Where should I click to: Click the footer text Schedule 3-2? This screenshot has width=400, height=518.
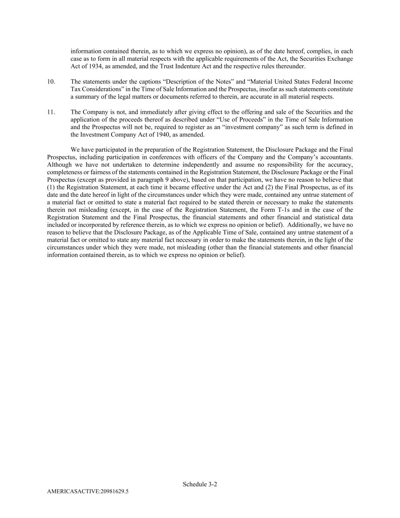tap(200, 484)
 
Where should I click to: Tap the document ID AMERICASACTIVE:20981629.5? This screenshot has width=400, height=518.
tap(88, 491)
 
